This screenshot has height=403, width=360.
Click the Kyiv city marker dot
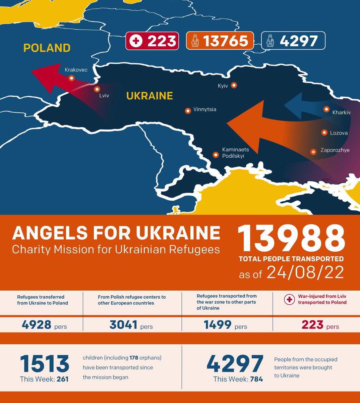pos(234,85)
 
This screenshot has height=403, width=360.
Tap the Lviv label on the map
pos(104,96)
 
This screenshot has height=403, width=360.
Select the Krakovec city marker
pos(71,78)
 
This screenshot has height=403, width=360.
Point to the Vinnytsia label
pos(205,109)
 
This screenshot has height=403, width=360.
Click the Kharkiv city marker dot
pos(326,109)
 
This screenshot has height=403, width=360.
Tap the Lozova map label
pos(339,133)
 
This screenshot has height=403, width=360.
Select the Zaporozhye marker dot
pos(313,152)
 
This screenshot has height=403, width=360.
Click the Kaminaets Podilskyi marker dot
pos(216,155)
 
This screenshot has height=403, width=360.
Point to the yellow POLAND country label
pos(47,48)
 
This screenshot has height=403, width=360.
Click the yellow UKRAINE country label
pos(149,96)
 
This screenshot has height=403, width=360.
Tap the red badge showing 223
pos(152,41)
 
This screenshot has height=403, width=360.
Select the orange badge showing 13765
pos(220,41)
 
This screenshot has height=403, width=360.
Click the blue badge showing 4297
pos(293,41)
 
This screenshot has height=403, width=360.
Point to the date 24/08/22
pos(305,273)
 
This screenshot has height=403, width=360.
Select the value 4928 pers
pos(44,325)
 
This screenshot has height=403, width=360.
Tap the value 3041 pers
pos(131,325)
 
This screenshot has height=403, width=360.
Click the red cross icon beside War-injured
pos(289,299)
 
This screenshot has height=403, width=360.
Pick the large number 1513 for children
pos(45,364)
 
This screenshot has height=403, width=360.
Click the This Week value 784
pos(256,379)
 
